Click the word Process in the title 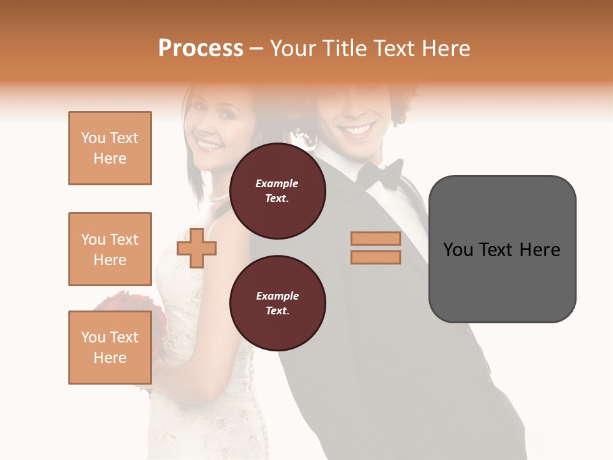(x=201, y=49)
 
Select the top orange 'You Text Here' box (x=110, y=148)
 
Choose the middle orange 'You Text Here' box (x=110, y=249)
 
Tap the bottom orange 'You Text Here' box (x=110, y=348)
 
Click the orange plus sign (x=197, y=248)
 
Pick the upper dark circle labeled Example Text (x=277, y=191)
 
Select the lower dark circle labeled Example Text (x=277, y=303)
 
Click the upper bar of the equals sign (x=375, y=238)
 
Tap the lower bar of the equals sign (x=375, y=257)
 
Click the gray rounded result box (x=502, y=281)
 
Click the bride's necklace (x=218, y=198)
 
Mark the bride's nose (x=208, y=130)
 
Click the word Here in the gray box (x=540, y=250)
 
